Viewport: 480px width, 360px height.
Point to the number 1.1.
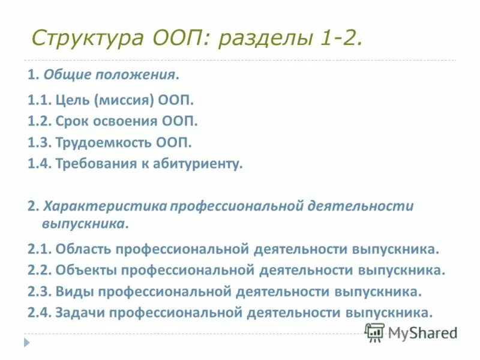(x=39, y=100)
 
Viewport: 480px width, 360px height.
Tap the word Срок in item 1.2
(x=76, y=121)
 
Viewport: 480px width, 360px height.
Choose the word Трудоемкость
(x=103, y=143)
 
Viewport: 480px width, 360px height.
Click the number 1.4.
(x=39, y=164)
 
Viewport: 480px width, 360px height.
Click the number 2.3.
(x=40, y=292)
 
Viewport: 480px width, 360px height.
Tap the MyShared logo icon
(x=374, y=332)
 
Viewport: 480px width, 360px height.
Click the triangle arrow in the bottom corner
(x=26, y=342)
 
